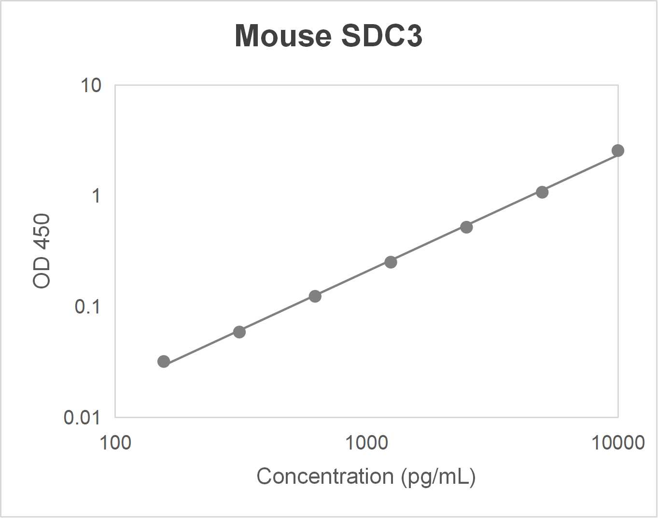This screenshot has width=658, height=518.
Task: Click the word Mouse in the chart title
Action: (283, 36)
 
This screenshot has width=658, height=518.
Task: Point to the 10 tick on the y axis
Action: (91, 85)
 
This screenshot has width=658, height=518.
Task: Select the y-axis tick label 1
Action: (96, 196)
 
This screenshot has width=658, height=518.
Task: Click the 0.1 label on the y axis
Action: (87, 306)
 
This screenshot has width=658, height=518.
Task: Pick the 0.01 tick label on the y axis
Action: (83, 417)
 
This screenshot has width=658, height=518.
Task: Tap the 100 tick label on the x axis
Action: (115, 442)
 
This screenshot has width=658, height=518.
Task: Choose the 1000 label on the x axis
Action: (366, 442)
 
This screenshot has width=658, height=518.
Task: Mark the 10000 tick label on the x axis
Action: (618, 442)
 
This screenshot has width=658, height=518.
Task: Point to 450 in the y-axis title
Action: (42, 232)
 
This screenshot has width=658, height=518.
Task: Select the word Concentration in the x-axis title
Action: (325, 477)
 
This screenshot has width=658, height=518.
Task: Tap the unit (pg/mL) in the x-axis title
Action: (438, 477)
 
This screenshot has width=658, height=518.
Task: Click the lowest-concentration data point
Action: (164, 361)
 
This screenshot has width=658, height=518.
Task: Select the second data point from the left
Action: (239, 332)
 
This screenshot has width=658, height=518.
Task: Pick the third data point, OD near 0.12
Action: (315, 296)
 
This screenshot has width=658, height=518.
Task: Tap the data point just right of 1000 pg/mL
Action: (391, 262)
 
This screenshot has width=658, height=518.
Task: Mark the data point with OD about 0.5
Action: (466, 227)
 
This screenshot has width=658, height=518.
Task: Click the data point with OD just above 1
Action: (542, 192)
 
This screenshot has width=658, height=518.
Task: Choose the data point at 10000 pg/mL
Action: (618, 150)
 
